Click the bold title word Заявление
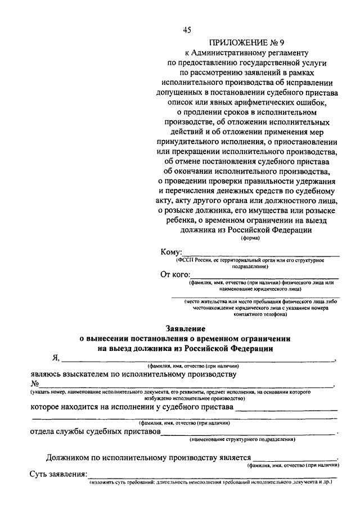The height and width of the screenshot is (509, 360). click(185, 328)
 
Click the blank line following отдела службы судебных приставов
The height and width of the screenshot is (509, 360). click(247, 433)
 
